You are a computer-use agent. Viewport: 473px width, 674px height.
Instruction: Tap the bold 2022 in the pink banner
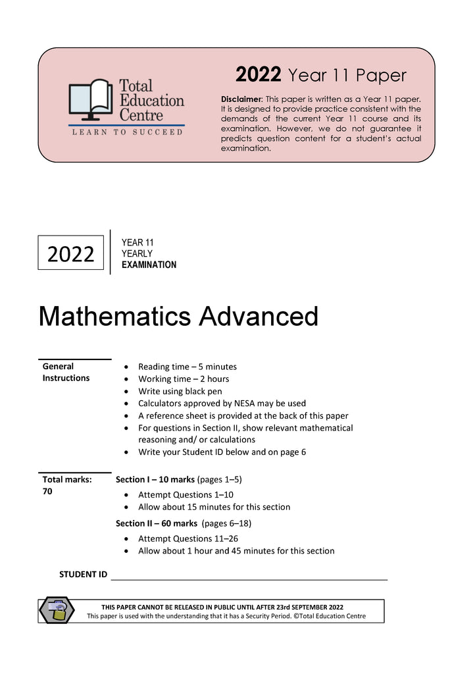pyautogui.click(x=259, y=75)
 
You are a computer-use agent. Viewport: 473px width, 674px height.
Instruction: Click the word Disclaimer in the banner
pyautogui.click(x=241, y=99)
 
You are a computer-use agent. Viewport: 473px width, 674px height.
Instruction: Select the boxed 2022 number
pyautogui.click(x=71, y=253)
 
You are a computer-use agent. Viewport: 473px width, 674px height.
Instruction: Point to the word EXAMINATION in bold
pyautogui.click(x=149, y=265)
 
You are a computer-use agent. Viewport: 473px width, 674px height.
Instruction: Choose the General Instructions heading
pyautogui.click(x=66, y=372)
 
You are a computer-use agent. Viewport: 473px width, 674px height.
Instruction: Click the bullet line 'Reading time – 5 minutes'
pyautogui.click(x=187, y=367)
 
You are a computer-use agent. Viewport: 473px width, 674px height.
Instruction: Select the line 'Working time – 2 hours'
pyautogui.click(x=184, y=379)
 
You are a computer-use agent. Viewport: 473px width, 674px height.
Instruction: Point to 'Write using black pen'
pyautogui.click(x=182, y=391)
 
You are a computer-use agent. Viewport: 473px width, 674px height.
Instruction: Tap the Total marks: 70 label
pyautogui.click(x=66, y=486)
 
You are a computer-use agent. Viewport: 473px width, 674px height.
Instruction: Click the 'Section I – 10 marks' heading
pyautogui.click(x=155, y=480)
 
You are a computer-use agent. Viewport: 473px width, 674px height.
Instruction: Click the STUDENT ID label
pyautogui.click(x=83, y=575)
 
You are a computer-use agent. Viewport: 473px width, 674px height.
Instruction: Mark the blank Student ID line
pyautogui.click(x=250, y=578)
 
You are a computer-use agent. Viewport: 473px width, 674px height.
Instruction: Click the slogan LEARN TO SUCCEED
pyautogui.click(x=127, y=132)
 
